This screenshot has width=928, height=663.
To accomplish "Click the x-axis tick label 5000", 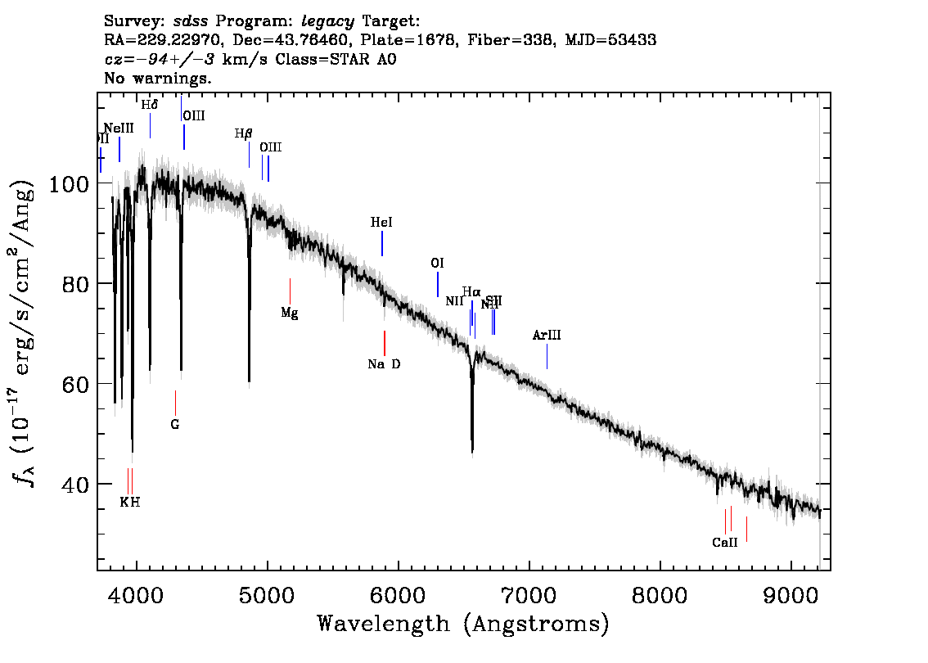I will click(x=267, y=593).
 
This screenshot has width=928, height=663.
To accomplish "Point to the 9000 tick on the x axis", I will click(x=791, y=593).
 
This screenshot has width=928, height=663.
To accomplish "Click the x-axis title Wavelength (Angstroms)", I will click(x=463, y=625).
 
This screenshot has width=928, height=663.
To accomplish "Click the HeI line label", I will click(x=382, y=222).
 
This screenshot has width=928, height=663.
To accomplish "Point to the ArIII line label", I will click(x=547, y=335).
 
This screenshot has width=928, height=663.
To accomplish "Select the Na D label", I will click(x=384, y=364).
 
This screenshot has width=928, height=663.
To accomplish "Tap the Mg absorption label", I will click(x=290, y=313).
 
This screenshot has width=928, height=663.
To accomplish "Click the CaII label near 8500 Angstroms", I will click(x=725, y=542).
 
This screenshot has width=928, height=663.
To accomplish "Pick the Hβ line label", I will click(x=244, y=133).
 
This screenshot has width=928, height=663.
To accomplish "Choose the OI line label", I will click(x=438, y=263).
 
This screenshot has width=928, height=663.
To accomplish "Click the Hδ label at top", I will click(x=150, y=105).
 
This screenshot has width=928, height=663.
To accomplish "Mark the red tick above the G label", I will click(x=175, y=402).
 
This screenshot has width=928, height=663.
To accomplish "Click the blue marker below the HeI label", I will click(x=382, y=244).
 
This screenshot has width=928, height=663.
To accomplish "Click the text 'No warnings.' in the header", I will click(x=158, y=79).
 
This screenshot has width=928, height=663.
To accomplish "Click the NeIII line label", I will click(x=119, y=129).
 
